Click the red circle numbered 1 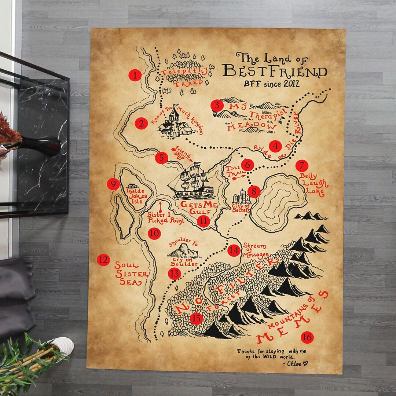click(x=135, y=76)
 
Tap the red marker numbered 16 click(x=307, y=337)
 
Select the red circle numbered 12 click(x=103, y=260)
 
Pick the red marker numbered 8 click(x=254, y=191)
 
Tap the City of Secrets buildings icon click(x=242, y=197)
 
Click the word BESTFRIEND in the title click(x=275, y=70)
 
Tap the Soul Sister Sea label click(x=131, y=274)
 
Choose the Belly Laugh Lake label click(x=313, y=183)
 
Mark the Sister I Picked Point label click(x=166, y=217)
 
